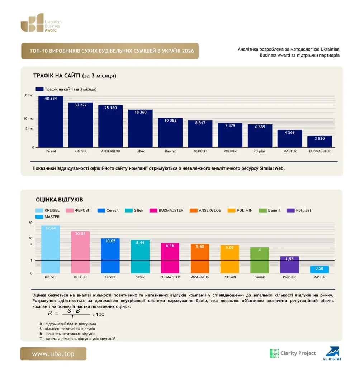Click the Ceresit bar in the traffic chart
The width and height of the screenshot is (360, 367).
[51, 121]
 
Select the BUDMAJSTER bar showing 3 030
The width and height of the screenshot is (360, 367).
[320, 142]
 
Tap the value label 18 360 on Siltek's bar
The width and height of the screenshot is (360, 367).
[141, 112]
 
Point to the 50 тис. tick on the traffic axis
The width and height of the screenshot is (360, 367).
[29, 95]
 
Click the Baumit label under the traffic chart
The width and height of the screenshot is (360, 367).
[170, 151]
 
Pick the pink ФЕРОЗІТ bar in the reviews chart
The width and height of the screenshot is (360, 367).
[80, 252]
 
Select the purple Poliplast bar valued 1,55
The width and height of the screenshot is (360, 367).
[289, 265]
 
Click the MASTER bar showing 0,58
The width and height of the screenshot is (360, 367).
[319, 270]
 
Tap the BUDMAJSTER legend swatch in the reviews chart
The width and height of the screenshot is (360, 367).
[153, 210]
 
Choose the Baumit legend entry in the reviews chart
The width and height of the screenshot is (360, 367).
[270, 210]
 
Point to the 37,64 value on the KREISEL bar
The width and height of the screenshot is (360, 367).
[51, 228]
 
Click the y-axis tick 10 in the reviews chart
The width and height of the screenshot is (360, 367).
[30, 238]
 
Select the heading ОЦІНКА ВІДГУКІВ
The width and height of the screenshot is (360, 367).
[60, 200]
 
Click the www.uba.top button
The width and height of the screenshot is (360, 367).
[53, 354]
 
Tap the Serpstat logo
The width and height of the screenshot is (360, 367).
[332, 353]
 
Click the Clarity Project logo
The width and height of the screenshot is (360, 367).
[293, 353]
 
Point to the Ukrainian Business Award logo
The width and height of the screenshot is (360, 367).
[41, 23]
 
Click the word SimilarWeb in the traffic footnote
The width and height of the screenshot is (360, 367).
[272, 168]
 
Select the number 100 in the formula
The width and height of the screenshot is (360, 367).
[100, 315]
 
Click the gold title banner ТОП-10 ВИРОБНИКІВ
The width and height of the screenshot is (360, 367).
[110, 51]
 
